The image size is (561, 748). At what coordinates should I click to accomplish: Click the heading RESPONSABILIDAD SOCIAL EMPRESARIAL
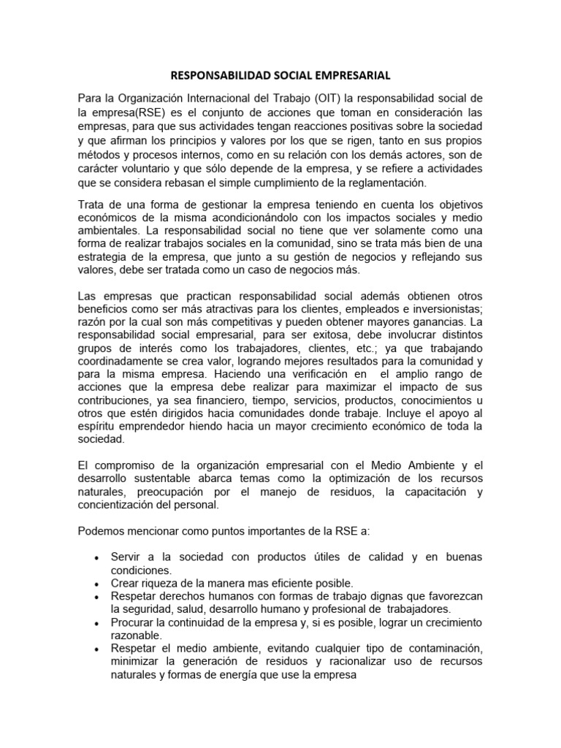tap(280, 75)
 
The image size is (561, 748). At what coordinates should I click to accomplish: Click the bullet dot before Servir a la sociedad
tap(98, 558)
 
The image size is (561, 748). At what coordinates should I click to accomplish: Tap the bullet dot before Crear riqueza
tap(98, 584)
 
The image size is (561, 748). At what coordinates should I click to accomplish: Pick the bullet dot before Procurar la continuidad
tap(98, 624)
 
